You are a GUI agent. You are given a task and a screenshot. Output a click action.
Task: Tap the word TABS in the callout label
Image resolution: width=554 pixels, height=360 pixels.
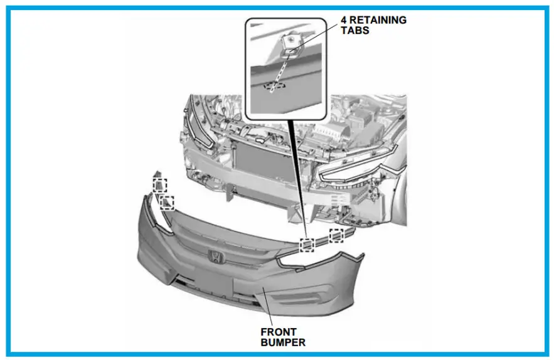coord(355,30)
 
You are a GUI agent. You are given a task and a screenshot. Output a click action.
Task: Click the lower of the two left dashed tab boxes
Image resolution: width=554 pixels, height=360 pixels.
coord(168,201)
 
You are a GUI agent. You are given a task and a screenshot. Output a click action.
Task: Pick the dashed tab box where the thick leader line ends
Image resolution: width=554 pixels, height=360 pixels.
coord(307,245)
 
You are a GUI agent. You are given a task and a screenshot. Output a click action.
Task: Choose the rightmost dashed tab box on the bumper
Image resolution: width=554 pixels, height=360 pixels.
coord(337,235)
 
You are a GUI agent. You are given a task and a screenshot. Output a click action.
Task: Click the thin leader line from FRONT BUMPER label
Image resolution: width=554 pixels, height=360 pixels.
coord(267,307)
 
